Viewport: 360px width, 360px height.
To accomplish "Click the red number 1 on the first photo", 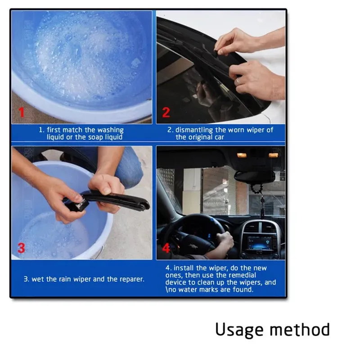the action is coord(22,112).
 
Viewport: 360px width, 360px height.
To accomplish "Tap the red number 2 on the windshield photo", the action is coord(166,112).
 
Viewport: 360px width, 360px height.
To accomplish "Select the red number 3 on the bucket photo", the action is coord(21,248).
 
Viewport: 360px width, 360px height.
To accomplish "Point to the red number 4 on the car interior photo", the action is coord(166,248).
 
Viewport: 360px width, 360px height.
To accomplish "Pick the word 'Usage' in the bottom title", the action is coord(239,330).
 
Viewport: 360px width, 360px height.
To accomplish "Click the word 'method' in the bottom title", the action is coord(300,329).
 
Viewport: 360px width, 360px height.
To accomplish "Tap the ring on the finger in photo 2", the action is coord(238,81).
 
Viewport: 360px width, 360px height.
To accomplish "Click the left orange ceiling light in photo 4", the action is coord(242,155).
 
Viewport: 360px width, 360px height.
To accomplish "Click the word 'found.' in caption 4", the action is coord(243,289).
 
